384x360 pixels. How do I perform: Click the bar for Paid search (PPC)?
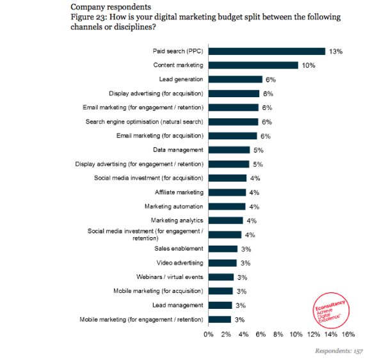[267, 51]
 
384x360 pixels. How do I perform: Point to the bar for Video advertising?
[222, 263]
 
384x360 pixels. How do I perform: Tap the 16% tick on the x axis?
[348, 334]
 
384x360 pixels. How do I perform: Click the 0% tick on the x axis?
[209, 334]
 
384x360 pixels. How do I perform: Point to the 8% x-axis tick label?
[278, 334]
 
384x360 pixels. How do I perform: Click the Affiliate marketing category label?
[179, 192]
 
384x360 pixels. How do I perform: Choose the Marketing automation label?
[174, 206]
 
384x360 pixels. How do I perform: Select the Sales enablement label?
[179, 248]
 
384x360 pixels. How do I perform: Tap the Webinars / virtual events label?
[170, 277]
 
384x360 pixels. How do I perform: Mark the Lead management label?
[178, 305]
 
